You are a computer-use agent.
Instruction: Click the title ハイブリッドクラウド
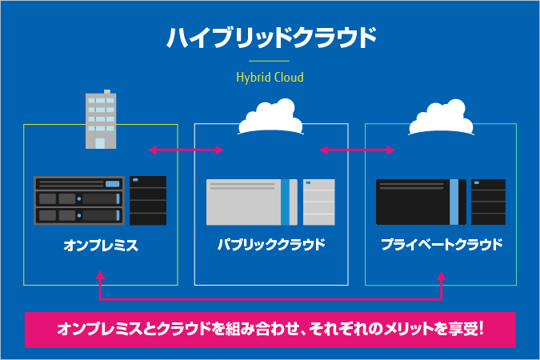pos(270,37)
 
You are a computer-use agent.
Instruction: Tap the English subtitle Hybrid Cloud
pos(270,78)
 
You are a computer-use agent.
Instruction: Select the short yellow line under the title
pos(270,61)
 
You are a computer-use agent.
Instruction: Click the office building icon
pos(100,121)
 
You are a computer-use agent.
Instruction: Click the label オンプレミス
pos(101,246)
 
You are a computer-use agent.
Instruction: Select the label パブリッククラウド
pos(271,244)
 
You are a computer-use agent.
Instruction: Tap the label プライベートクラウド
pos(442,244)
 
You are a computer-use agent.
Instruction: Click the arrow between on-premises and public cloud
pos(186,150)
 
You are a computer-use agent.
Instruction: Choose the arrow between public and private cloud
pos(357,150)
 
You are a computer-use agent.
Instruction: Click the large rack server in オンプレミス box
pos(79,200)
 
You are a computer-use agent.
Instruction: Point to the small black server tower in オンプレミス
pos(148,200)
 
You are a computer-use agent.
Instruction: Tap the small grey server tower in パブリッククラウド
pos(318,202)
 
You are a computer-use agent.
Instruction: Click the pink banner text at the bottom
pos(270,330)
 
